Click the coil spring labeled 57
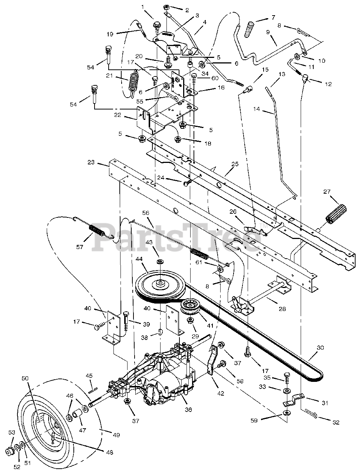tap(99, 235)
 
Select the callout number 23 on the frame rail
tap(92, 162)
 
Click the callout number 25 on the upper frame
tap(234, 164)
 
